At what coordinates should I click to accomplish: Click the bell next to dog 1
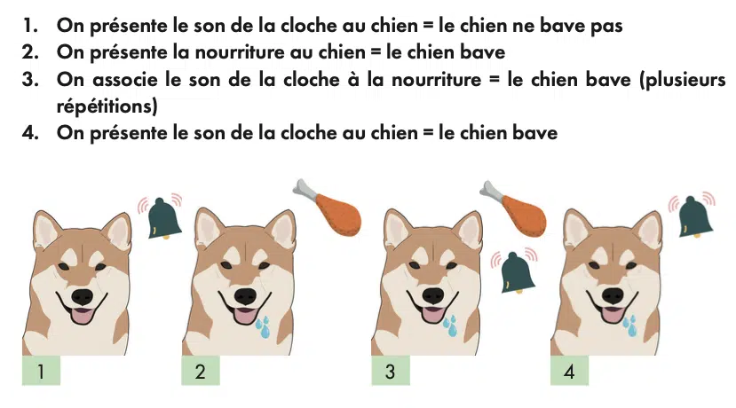coord(165,218)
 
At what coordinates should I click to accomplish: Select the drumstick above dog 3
coord(514,209)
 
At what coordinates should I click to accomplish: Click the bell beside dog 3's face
coord(517,273)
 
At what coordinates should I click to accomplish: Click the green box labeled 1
coord(42,371)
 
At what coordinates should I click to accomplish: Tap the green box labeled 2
coord(201,371)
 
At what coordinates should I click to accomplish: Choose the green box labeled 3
coord(391,371)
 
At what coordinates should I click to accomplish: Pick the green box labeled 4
coord(569,371)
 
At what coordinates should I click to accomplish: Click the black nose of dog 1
coord(83,297)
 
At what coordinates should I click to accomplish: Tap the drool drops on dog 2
coord(264,327)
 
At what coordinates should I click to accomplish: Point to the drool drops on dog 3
coord(451,326)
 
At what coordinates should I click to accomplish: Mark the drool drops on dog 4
coord(630,326)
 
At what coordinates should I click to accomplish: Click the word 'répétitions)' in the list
coord(107,106)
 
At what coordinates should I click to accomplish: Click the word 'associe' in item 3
coord(125,79)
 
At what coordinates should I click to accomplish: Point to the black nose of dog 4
coord(613,296)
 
